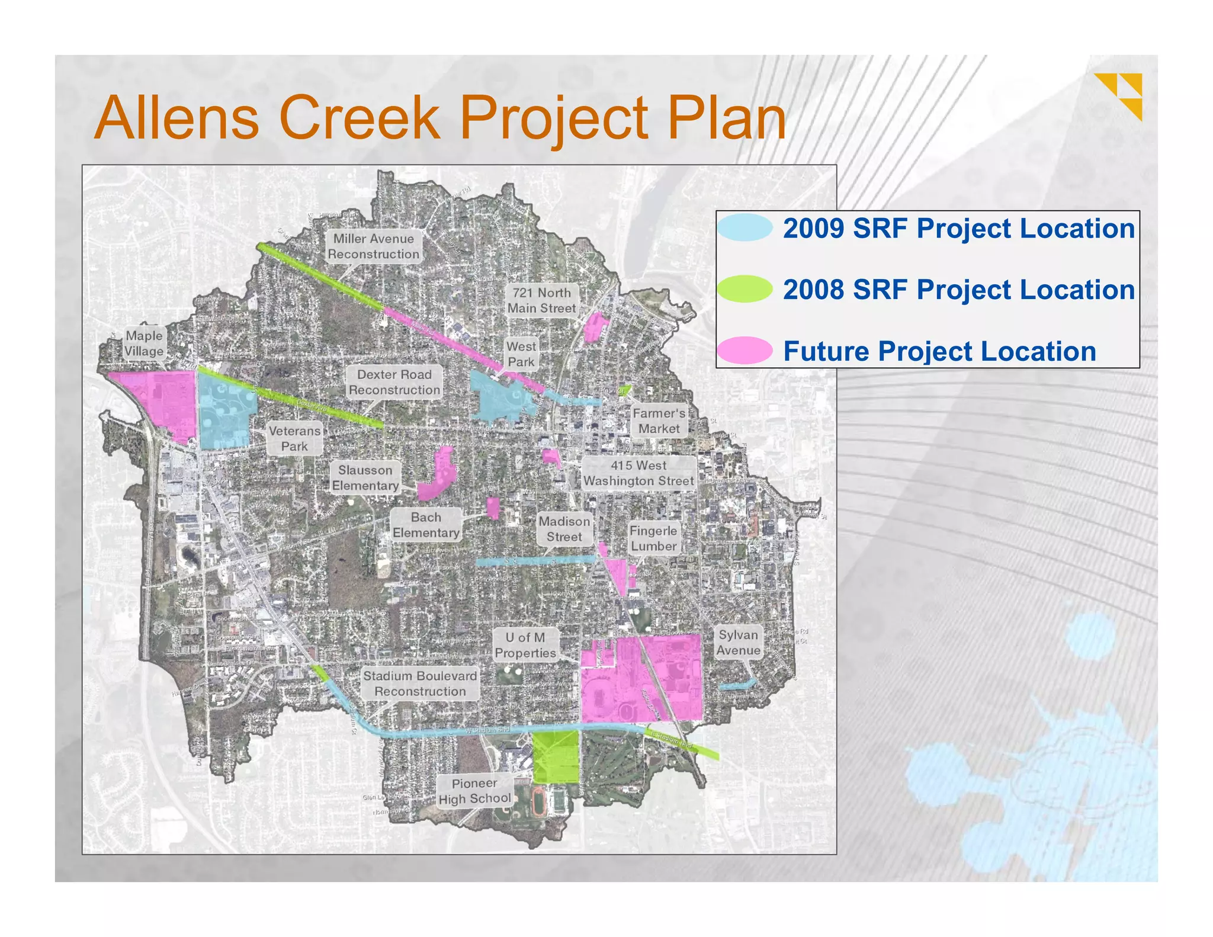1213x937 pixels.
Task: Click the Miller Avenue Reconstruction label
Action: (x=373, y=246)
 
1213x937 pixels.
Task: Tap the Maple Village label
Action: (x=144, y=344)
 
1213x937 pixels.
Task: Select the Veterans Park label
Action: (x=294, y=438)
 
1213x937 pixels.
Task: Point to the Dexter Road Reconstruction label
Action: (x=394, y=382)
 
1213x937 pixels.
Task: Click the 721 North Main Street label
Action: (x=541, y=300)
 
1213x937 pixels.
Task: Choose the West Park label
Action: (x=521, y=354)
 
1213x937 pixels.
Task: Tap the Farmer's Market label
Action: (x=659, y=421)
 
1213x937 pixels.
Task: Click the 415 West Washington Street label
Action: (x=638, y=473)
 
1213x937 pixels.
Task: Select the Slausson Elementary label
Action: (x=365, y=478)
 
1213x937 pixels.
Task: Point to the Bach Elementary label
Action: (x=426, y=525)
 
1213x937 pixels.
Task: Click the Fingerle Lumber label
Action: (x=653, y=538)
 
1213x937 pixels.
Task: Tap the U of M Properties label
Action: (x=525, y=645)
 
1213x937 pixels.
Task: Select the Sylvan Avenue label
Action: (x=738, y=643)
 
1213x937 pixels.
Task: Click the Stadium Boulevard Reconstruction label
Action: (x=420, y=684)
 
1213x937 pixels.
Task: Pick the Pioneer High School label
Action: (x=474, y=791)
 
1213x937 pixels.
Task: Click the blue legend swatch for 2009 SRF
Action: (x=745, y=227)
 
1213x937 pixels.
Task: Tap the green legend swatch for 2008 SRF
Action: (x=745, y=289)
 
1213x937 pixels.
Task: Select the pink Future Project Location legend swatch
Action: (x=745, y=351)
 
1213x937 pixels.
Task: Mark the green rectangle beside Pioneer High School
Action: (x=555, y=757)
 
